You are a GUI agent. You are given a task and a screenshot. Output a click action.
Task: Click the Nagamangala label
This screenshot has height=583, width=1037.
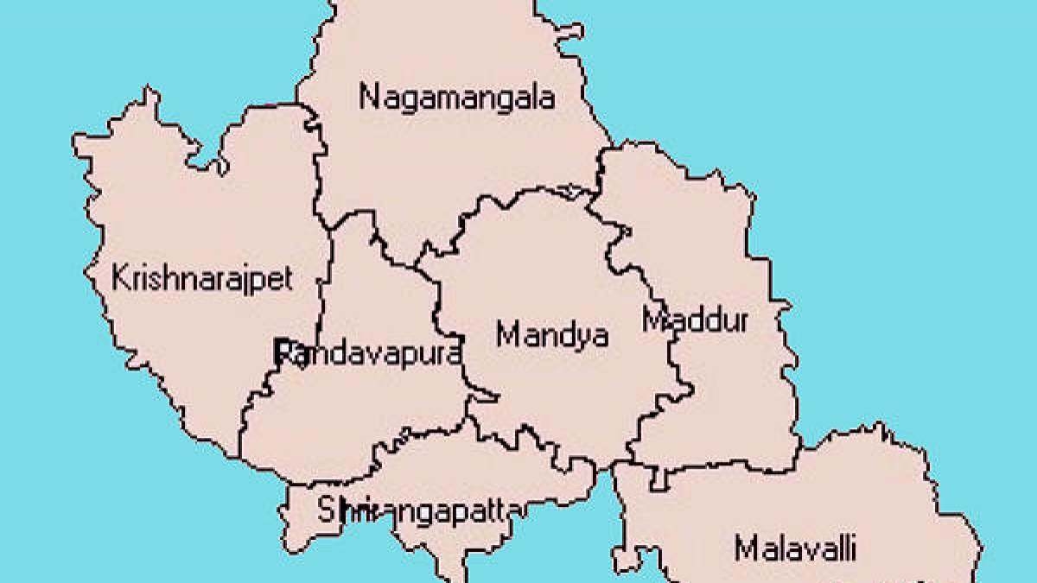point(457,97)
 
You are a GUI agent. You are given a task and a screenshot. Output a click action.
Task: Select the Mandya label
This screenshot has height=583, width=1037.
point(552,334)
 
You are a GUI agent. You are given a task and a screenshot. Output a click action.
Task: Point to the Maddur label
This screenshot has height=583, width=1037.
point(696,320)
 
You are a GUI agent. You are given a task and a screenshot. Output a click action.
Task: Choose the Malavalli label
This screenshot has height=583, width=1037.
point(795,548)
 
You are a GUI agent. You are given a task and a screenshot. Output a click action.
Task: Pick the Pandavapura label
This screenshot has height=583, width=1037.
point(367,352)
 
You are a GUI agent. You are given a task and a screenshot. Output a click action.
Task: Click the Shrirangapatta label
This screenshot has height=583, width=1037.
point(418,510)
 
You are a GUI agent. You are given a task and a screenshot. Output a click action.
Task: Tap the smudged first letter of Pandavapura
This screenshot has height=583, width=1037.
point(282,352)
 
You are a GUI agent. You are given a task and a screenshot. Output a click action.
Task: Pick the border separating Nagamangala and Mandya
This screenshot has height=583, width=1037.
point(518,193)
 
